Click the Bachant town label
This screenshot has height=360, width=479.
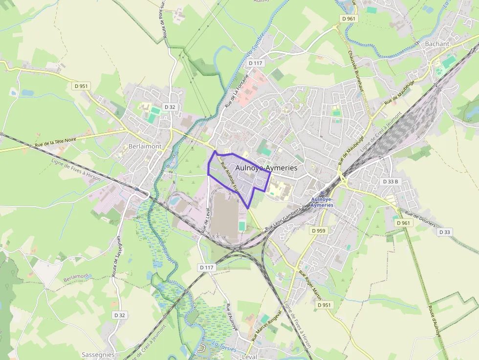(437, 43)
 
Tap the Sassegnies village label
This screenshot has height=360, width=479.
(98, 355)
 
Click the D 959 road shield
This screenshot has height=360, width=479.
(318, 230)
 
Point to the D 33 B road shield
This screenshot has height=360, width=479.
(390, 182)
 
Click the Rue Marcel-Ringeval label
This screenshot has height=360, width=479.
(266, 326)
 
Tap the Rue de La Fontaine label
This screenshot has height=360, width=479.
(237, 90)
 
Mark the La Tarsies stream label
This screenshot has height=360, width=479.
(224, 346)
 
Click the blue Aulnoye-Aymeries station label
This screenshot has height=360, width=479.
(322, 202)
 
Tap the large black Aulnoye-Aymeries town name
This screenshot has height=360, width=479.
(266, 168)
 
